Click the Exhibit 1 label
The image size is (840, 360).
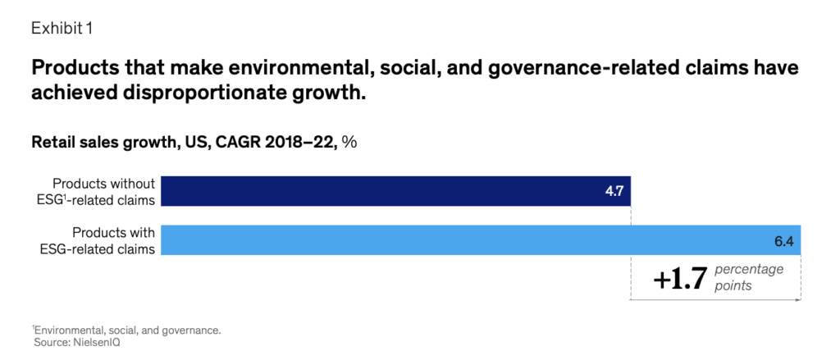(62, 28)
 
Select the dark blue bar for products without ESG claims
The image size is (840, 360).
(394, 190)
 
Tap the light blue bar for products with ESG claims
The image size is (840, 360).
(480, 239)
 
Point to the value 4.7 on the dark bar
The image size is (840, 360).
(614, 190)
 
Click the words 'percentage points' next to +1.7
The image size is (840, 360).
(749, 276)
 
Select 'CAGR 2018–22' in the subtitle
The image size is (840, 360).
(284, 142)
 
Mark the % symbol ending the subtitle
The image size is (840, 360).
(349, 142)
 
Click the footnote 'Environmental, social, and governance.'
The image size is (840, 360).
(127, 330)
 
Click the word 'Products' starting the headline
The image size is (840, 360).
(68, 67)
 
